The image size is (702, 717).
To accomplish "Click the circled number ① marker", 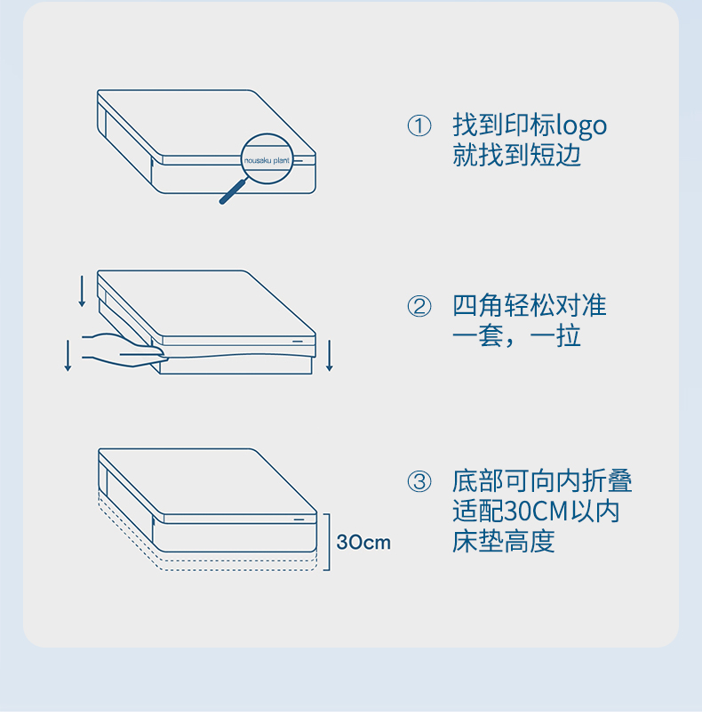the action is [419, 125].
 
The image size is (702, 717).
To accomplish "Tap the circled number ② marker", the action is [419, 306].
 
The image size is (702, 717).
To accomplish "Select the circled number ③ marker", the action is [419, 481].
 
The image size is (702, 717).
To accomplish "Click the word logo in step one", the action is [581, 126].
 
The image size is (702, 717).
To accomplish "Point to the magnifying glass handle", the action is [233, 191].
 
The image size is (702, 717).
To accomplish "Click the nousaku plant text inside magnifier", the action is [267, 160].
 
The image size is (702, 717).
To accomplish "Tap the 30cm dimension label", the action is [363, 543].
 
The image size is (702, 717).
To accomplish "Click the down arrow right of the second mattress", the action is [330, 355].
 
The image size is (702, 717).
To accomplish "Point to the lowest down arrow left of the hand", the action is [68, 355].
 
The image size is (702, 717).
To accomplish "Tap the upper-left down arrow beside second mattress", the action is [83, 291].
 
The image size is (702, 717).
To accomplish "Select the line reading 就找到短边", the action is [516, 155].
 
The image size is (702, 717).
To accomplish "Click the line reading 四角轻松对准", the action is [530, 305].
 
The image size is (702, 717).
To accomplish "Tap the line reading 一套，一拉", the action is [516, 335].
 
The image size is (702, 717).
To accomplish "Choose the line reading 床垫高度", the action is [503, 542].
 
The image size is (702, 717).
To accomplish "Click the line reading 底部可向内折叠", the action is [542, 481].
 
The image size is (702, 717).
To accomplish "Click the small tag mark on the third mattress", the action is [299, 520].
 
